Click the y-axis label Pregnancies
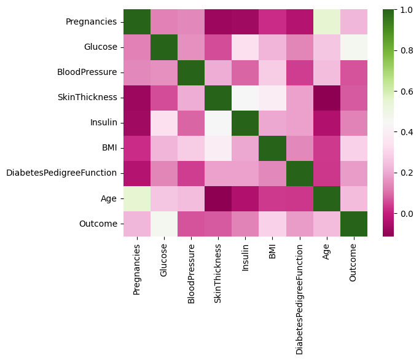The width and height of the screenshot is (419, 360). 91,22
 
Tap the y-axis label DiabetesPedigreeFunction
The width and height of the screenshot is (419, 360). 61,173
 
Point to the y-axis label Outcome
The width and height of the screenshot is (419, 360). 98,224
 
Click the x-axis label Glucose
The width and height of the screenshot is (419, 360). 163,260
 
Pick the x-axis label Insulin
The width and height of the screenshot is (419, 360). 245,258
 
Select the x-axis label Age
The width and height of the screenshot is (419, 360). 327,252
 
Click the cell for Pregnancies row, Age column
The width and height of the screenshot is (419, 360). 327,22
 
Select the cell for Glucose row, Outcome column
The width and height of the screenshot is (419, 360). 354,47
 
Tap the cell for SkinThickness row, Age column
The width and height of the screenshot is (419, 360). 327,98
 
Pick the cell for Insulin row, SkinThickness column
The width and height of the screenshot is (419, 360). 218,123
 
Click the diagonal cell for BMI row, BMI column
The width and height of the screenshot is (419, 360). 272,148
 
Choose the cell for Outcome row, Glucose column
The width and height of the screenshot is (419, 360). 163,224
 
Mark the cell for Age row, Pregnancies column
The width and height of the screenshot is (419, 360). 136,198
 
